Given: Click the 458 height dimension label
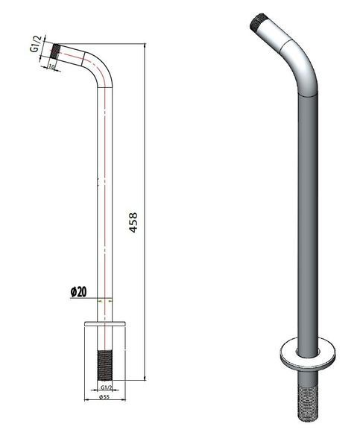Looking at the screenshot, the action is click(x=133, y=222).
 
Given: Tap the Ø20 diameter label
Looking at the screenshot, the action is click(x=78, y=291).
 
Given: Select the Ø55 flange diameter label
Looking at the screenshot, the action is click(x=104, y=397).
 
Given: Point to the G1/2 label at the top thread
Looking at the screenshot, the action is click(x=35, y=43).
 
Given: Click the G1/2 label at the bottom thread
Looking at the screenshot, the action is click(x=106, y=387).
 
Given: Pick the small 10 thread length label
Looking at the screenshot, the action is click(x=51, y=66).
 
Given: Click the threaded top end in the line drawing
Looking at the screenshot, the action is click(x=54, y=51).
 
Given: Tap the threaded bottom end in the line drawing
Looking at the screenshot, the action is click(x=104, y=366).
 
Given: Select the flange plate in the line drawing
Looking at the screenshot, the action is click(x=105, y=323).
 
